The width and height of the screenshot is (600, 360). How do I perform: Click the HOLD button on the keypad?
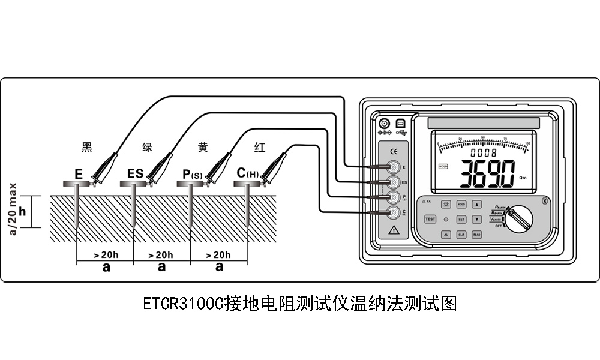pos(461,204)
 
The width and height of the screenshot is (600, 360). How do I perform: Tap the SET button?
pos(461,220)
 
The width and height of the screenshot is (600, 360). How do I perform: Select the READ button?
pos(477,235)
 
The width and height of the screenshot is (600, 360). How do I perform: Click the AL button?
pos(446,235)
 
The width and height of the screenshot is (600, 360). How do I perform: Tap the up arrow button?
pos(477,204)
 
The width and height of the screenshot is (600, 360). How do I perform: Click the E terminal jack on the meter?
pos(394,166)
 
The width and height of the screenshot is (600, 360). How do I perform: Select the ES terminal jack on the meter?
pos(394,182)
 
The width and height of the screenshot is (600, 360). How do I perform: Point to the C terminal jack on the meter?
pos(394,212)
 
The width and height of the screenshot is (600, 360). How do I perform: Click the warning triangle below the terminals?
pos(394,230)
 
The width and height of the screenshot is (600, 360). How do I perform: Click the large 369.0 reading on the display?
pos(486,174)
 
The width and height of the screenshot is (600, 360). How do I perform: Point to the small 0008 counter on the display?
pos(484,152)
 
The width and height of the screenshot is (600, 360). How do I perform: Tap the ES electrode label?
pos(136,174)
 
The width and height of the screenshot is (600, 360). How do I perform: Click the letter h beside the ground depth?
pos(23,211)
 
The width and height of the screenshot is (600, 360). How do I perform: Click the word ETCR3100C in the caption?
pos(184,303)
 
